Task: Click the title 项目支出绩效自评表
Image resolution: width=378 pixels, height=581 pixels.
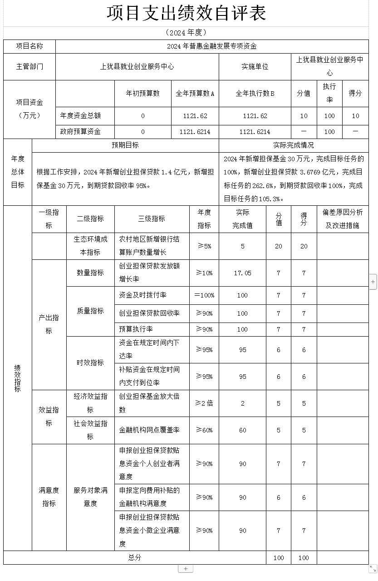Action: click(186, 13)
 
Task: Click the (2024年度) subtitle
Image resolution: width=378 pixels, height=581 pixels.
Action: click(186, 32)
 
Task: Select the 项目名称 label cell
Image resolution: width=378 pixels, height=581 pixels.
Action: click(29, 46)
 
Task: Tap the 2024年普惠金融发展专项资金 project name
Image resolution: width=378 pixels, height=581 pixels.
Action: click(211, 46)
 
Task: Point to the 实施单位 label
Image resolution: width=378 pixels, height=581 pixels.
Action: click(255, 66)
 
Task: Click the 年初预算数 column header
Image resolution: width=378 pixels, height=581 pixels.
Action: click(142, 93)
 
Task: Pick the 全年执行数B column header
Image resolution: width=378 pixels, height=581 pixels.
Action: click(255, 93)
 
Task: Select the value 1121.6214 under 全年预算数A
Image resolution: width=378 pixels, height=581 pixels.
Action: click(195, 132)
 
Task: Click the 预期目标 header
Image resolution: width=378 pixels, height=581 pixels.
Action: click(125, 145)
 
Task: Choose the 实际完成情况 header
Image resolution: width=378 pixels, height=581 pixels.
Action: click(293, 145)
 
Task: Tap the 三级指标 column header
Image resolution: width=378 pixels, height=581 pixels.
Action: click(152, 218)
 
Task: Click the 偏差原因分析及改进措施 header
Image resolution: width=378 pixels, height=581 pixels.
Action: click(343, 218)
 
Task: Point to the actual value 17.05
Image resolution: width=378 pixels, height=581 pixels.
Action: click(242, 273)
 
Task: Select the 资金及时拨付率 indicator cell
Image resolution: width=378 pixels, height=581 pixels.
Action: click(142, 295)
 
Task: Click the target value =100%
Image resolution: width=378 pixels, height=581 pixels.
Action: click(204, 295)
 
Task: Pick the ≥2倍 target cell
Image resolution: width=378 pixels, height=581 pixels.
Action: click(204, 403)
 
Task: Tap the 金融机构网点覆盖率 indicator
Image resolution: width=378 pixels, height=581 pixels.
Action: click(149, 430)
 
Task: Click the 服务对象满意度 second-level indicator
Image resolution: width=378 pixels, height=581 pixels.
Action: click(90, 497)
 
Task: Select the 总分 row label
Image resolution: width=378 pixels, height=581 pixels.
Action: click(134, 557)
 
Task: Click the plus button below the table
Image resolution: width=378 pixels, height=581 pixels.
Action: click(186, 568)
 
